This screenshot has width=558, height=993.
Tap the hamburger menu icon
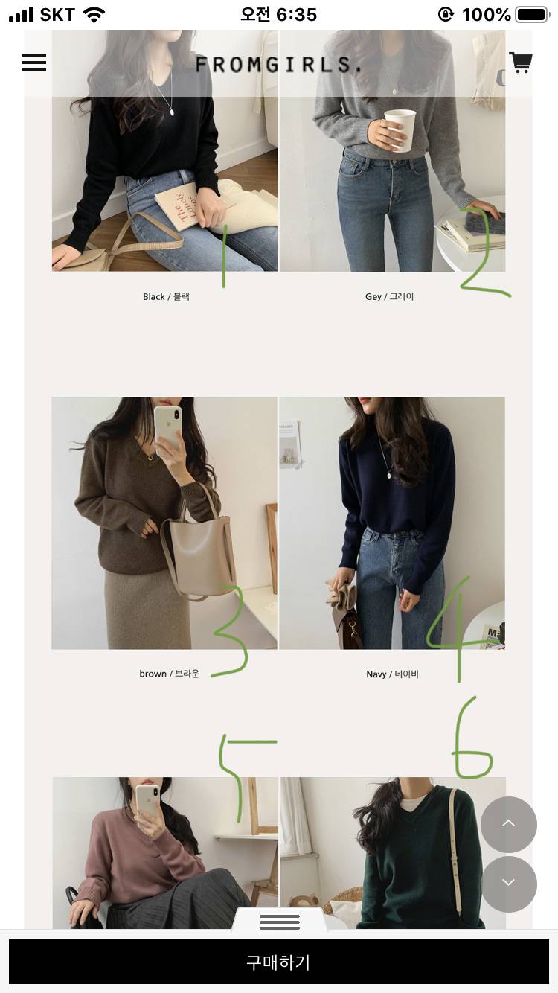point(34,63)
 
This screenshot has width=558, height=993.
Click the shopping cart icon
point(520,63)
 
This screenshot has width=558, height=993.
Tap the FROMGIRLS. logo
point(278,65)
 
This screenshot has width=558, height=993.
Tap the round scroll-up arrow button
point(508,825)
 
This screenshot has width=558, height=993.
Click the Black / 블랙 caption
point(166,296)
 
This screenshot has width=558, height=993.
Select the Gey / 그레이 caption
point(390,296)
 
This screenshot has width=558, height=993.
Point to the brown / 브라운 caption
point(170,674)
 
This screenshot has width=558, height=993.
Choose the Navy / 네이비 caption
point(392,674)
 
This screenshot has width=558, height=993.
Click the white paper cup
point(400,130)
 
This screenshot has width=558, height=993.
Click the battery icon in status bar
point(532,15)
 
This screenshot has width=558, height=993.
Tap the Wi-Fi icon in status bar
point(94,16)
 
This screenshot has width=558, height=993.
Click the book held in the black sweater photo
point(182,205)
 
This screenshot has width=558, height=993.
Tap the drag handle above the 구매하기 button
point(280,922)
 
